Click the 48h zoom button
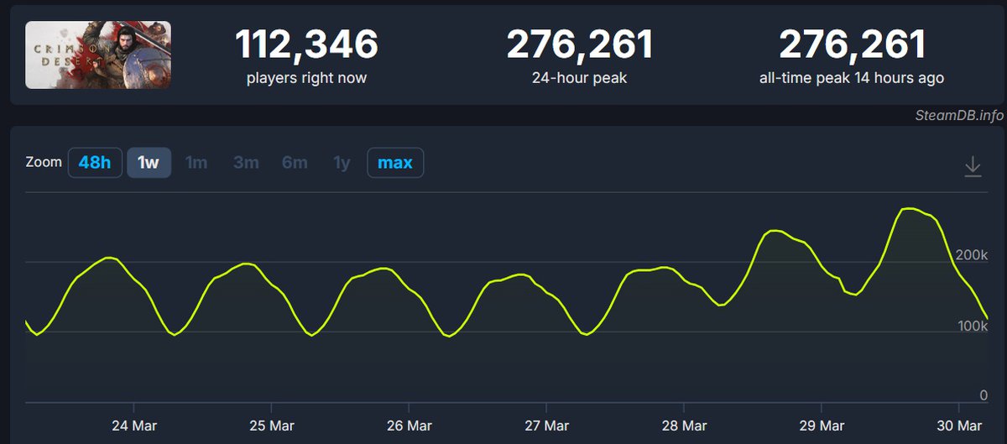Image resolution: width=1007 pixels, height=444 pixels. (95, 162)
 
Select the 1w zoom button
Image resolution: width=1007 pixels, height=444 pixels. (149, 162)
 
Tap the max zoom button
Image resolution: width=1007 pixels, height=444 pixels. (395, 162)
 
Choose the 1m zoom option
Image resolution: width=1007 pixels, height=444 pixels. (196, 162)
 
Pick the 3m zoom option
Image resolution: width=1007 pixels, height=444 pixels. (246, 162)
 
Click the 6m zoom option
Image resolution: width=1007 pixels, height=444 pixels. (295, 162)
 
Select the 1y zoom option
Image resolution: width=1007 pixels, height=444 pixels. (342, 162)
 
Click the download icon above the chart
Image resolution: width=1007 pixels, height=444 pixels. (973, 166)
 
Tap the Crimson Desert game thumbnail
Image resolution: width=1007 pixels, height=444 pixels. (98, 55)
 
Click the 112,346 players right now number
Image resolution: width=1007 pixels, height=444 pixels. (306, 44)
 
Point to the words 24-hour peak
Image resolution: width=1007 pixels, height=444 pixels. (580, 78)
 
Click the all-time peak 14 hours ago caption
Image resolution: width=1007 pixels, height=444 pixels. (852, 78)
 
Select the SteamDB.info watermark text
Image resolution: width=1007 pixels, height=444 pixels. (958, 116)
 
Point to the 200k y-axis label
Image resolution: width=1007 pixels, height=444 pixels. (972, 254)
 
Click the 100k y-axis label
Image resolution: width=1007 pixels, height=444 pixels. (972, 325)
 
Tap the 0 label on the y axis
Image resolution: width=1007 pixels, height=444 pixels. (983, 395)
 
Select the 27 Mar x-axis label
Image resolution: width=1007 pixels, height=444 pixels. (545, 425)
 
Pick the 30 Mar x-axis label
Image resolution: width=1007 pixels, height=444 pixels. (958, 425)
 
